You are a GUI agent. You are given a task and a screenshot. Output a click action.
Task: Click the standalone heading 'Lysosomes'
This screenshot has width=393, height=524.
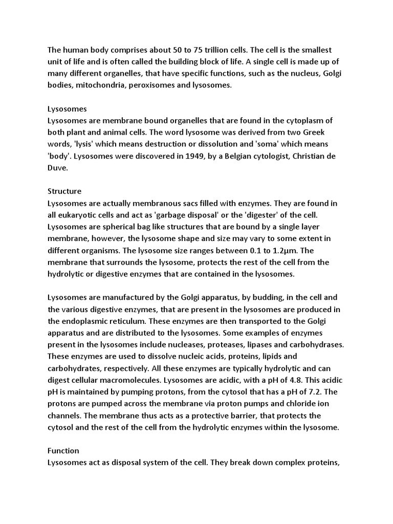point(67,109)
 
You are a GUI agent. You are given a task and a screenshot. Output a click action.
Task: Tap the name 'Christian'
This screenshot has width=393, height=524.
point(297,156)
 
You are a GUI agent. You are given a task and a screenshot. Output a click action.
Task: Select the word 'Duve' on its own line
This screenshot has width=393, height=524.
point(57,168)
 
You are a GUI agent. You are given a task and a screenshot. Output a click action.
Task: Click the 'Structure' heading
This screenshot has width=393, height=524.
point(64,191)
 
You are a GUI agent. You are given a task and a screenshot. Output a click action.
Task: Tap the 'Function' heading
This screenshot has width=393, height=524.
point(63,450)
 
